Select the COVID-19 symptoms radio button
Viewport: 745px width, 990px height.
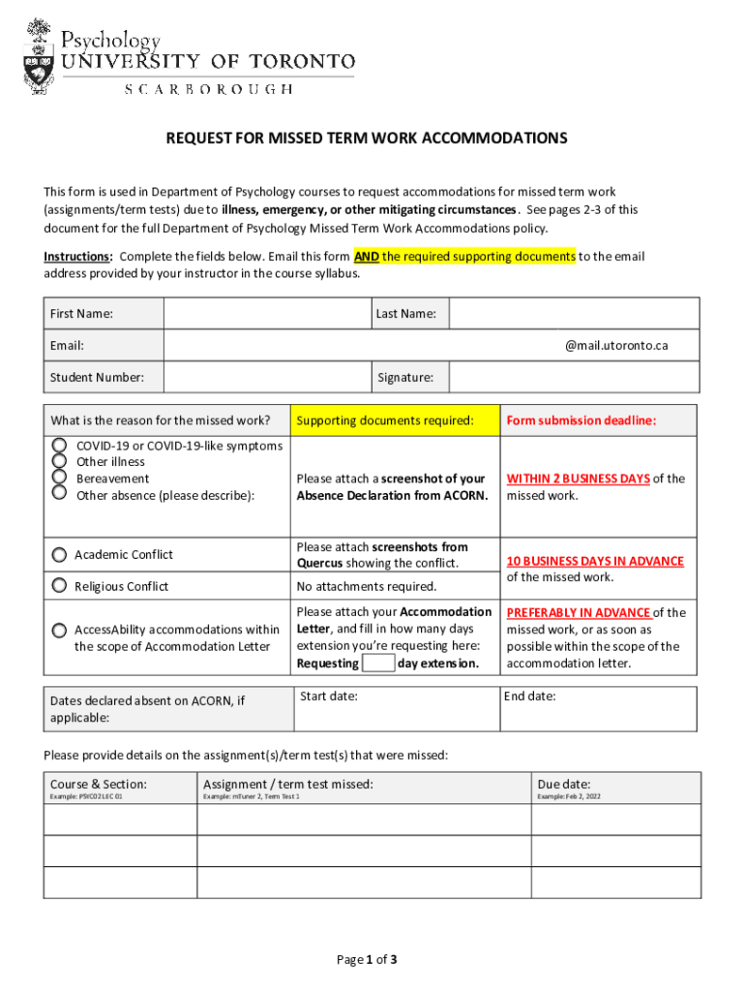59,445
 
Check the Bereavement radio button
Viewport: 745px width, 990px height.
59,478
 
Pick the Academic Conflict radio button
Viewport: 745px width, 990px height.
59,555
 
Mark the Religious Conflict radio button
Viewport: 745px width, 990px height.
59,587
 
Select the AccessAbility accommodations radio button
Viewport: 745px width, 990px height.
59,630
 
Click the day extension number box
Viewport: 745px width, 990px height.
378,663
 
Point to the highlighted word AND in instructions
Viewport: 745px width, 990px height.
367,256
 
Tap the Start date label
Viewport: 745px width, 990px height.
329,696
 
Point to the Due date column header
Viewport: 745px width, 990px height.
564,784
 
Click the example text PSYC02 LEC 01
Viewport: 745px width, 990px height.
86,797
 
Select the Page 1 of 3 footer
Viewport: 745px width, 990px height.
367,959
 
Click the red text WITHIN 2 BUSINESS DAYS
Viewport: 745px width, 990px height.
578,479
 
